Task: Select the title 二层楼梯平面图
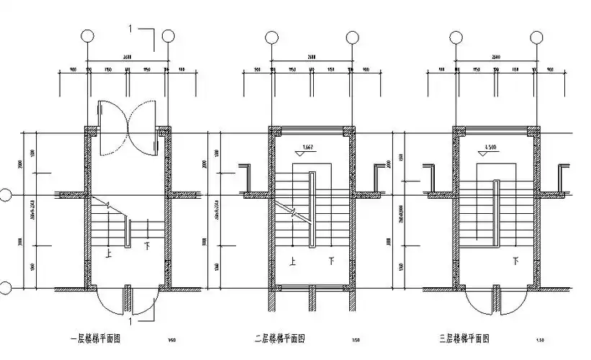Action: [x=280, y=338]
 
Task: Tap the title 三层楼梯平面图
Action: [x=464, y=338]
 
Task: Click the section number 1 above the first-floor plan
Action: [x=130, y=28]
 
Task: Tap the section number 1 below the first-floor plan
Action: [x=130, y=312]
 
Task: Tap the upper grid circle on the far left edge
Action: [x=4, y=194]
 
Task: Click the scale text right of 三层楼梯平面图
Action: [x=539, y=339]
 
